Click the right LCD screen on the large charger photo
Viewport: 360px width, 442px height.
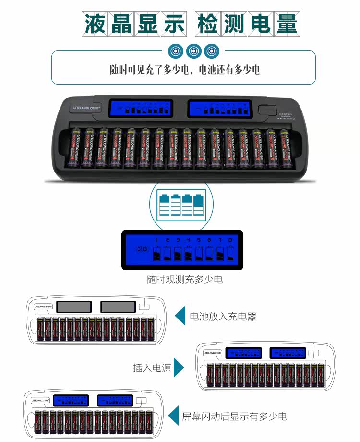point(219,108)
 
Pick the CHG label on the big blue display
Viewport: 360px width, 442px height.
point(142,249)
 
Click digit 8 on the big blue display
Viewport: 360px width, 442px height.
point(230,240)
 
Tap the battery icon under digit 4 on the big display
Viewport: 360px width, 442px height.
point(188,253)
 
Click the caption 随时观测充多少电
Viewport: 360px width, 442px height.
point(185,280)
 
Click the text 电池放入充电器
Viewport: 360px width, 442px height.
point(223,317)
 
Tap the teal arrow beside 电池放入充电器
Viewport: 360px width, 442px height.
point(180,317)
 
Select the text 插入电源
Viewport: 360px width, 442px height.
point(152,368)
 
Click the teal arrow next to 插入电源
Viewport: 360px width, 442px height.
point(179,368)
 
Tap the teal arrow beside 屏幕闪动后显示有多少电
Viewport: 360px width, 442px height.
point(173,416)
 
